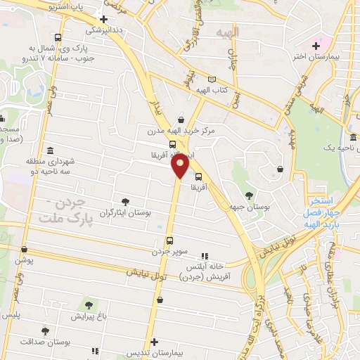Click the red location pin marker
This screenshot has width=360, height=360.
click(181, 166)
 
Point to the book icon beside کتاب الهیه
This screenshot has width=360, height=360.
click(212, 80)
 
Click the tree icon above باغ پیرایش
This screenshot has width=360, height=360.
click(89, 304)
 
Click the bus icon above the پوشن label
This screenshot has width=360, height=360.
click(24, 250)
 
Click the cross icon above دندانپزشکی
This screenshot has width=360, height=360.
click(104, 19)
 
